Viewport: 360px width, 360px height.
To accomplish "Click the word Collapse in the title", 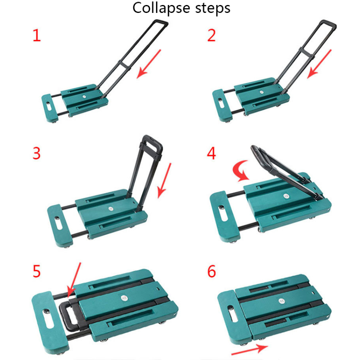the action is [161, 8].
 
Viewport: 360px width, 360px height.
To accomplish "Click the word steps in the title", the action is [213, 8].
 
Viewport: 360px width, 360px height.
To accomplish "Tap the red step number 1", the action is [37, 35].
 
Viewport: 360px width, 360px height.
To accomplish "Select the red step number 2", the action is [211, 35].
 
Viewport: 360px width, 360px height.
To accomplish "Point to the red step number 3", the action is [37, 154].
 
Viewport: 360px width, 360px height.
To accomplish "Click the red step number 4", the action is [211, 154].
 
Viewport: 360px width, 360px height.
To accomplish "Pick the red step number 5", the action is [37, 271].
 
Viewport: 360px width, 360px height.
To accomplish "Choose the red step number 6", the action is [211, 271].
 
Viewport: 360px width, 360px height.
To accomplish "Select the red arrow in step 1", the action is [149, 64].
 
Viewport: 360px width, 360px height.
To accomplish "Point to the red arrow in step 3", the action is [164, 181].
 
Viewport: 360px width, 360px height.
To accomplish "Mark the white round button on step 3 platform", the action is [111, 209].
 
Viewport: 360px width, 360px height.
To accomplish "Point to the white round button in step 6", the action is [282, 301].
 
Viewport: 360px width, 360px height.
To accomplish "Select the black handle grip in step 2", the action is [329, 23].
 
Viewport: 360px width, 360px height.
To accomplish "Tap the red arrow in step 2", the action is [320, 64].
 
